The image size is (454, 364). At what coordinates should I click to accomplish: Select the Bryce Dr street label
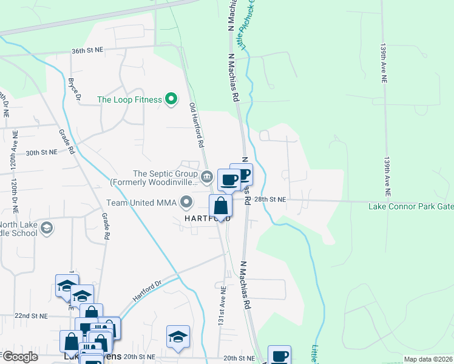click(x=74, y=89)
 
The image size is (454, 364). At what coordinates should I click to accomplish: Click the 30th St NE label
click(x=41, y=153)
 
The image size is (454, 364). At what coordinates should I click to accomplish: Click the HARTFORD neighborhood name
click(x=204, y=217)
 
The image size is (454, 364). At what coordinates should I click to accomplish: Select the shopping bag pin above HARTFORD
click(x=220, y=205)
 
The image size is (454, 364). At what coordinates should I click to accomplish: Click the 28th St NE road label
click(x=269, y=198)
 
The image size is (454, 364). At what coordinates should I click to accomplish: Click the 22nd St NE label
click(x=30, y=316)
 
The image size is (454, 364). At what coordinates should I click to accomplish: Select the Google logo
click(x=20, y=357)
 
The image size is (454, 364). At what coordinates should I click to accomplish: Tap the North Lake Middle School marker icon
click(x=47, y=228)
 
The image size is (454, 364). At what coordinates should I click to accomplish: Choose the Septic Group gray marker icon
click(x=206, y=177)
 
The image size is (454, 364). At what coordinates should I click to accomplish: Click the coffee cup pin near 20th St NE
click(x=279, y=356)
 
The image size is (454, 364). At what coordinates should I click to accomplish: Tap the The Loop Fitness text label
click(x=130, y=99)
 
